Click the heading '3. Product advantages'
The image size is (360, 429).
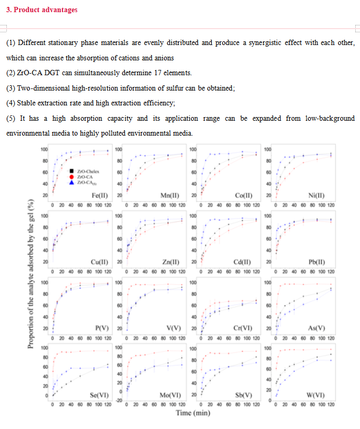pyautogui.click(x=42, y=10)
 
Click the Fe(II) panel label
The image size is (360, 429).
pyautogui.click(x=100, y=195)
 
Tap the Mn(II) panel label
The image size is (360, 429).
pyautogui.click(x=170, y=195)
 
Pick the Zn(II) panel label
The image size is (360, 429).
pyautogui.click(x=171, y=262)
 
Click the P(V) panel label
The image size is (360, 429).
pyautogui.click(x=102, y=328)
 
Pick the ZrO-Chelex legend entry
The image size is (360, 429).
pyautogui.click(x=88, y=171)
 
